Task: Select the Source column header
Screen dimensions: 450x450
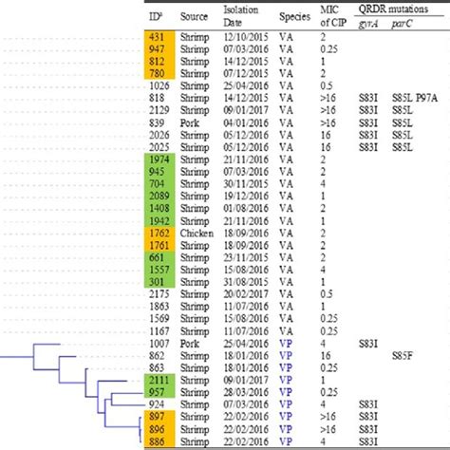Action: point(196,17)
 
